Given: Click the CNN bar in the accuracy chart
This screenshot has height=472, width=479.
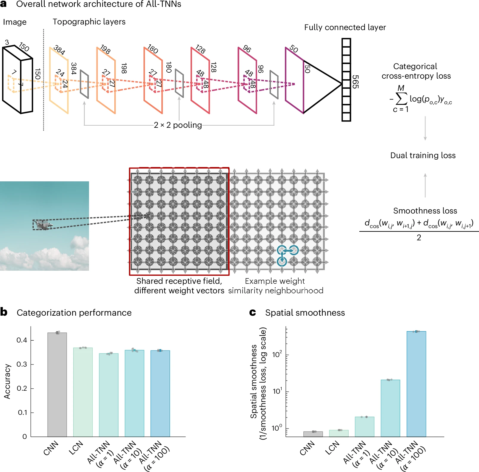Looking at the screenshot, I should coord(57,384).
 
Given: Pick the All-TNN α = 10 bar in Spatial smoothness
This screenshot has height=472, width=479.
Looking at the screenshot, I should coord(390,408).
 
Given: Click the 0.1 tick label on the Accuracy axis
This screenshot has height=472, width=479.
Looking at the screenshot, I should coord(22,412).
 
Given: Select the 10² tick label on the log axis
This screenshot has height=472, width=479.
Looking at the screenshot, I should coord(277,354).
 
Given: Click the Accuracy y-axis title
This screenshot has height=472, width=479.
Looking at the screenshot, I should coord(7,381).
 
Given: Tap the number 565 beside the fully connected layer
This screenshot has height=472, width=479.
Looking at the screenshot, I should coord(355,82).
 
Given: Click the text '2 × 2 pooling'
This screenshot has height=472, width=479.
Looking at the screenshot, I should coord(178,125).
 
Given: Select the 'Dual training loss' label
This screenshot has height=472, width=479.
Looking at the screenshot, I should coord(423,155).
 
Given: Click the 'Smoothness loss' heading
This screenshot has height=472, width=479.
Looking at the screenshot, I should coord(425,211).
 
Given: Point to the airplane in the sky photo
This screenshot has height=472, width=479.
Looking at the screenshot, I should coord(43,225).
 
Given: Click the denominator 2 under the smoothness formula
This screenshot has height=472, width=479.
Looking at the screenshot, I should coord(419,238).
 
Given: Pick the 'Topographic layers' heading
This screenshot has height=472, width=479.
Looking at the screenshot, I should coord(89,22).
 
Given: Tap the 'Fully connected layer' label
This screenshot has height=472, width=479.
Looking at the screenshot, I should coord(345,27).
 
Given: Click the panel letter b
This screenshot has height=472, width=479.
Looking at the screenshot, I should coord(4,312).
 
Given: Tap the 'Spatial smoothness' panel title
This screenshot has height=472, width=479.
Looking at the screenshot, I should coord(305,313).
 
